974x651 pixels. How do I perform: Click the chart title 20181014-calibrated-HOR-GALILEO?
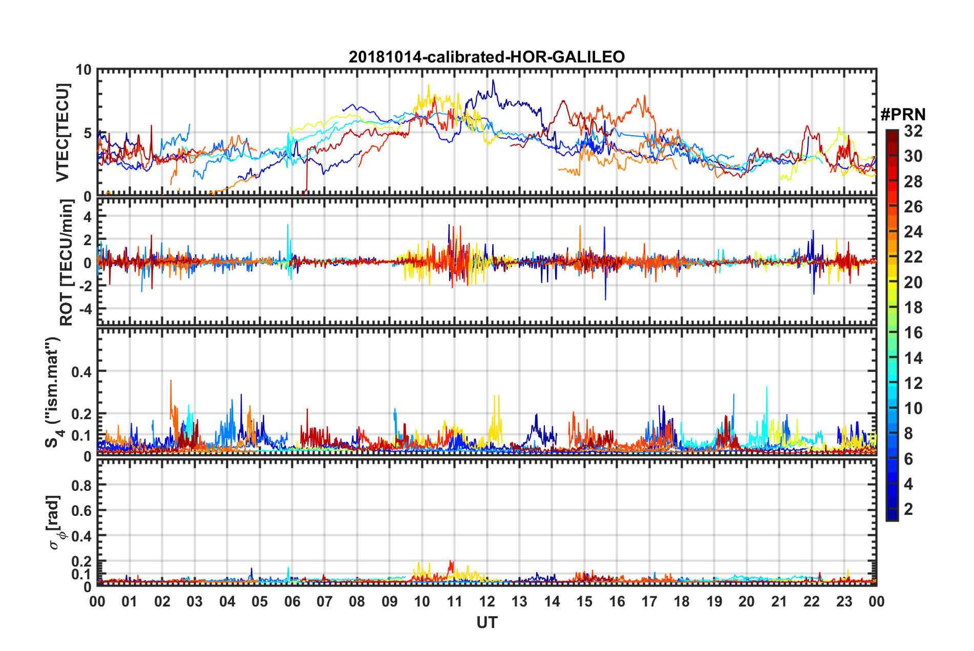click(x=486, y=57)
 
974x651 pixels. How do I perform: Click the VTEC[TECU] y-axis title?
click(x=62, y=133)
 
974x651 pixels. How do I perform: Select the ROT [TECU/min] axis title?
click(x=66, y=263)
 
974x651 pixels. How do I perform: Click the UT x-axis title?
click(x=486, y=622)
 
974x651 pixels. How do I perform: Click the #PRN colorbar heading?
click(x=903, y=115)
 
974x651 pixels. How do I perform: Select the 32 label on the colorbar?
click(x=913, y=131)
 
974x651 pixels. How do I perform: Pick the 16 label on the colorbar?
click(x=913, y=333)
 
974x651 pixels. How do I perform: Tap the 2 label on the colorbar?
click(x=908, y=509)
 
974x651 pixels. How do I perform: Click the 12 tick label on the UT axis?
click(x=487, y=601)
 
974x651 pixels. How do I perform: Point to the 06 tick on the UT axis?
click(x=292, y=601)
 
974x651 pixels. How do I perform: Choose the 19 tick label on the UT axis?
click(x=714, y=601)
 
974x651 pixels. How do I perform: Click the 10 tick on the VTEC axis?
click(x=83, y=70)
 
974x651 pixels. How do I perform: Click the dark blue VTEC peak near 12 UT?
click(x=493, y=80)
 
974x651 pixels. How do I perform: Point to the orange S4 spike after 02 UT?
click(x=171, y=381)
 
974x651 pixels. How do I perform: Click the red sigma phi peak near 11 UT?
click(x=451, y=561)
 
